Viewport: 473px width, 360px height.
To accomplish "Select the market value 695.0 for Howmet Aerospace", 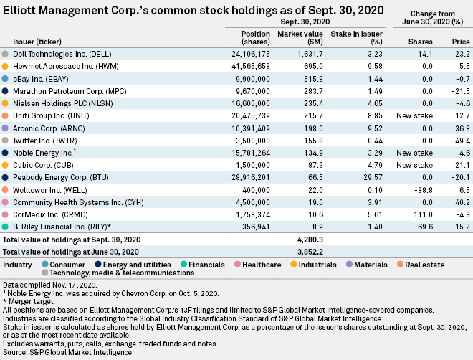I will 310,65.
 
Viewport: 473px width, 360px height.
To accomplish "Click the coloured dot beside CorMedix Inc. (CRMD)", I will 6,214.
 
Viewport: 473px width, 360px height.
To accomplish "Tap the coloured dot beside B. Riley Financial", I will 6,227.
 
